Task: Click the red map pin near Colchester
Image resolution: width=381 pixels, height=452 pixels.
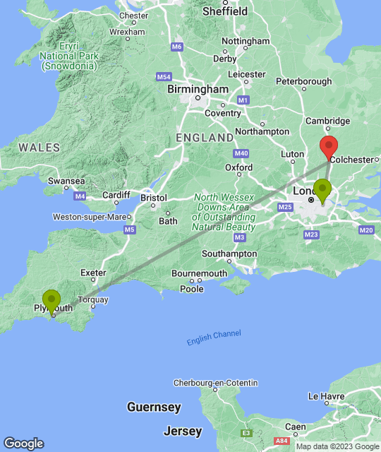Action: click(328, 147)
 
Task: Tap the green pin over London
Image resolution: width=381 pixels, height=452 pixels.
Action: click(322, 189)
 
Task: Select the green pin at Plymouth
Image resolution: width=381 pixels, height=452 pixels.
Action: click(52, 301)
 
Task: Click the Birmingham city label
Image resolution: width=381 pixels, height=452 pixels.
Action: click(198, 90)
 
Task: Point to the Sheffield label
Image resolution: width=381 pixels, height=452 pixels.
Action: click(225, 12)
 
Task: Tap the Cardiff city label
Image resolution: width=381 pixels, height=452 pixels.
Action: click(116, 195)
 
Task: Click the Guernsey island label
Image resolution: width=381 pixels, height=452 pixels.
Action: click(154, 408)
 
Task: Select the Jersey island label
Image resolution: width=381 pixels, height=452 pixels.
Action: click(183, 431)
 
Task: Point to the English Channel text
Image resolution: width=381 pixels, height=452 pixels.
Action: click(214, 338)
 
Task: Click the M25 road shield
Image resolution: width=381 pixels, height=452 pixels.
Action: click(285, 207)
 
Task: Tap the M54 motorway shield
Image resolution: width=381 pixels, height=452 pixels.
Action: click(164, 76)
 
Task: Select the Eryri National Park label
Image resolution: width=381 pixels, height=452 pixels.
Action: click(68, 56)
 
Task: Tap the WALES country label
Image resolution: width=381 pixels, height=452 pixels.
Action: click(39, 148)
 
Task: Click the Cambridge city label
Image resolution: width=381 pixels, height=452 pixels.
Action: click(327, 121)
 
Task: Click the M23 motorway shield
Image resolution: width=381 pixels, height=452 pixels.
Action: click(313, 234)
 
